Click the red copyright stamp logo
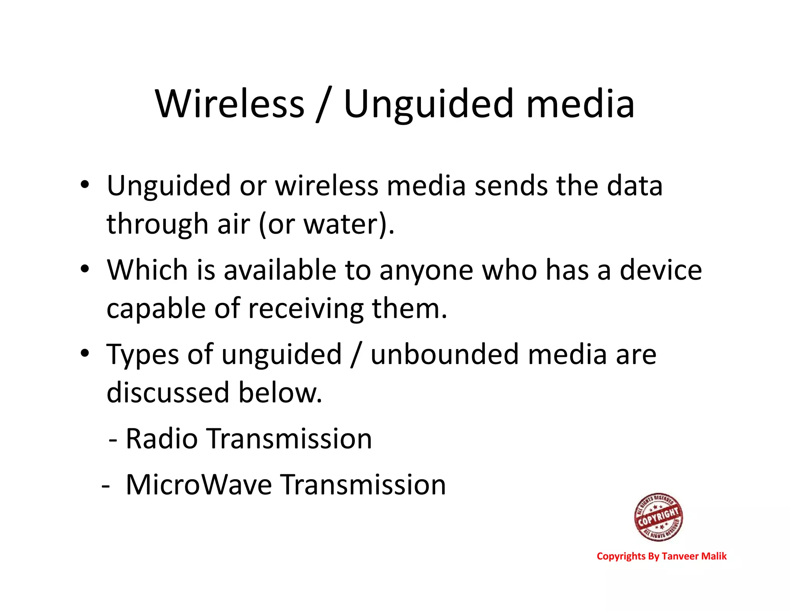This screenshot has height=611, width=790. (658, 517)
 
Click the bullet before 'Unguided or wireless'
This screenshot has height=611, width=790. (85, 184)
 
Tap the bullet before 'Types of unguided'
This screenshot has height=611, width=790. (85, 353)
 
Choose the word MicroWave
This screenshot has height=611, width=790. (199, 485)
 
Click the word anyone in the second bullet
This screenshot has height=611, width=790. (426, 270)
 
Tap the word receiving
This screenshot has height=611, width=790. (306, 309)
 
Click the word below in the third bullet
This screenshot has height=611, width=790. (280, 392)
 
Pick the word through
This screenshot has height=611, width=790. (157, 224)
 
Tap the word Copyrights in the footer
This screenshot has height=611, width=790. (621, 556)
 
